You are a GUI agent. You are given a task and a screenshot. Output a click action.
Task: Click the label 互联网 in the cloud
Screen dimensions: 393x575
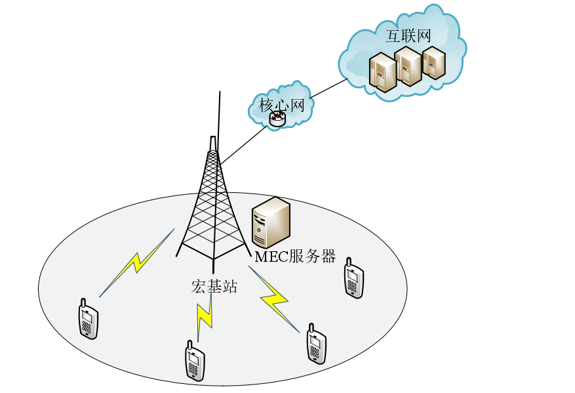coord(408,35)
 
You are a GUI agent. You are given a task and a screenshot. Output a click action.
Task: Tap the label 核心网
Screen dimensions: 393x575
coord(282,104)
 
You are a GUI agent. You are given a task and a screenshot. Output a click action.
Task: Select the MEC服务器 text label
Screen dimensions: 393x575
coord(295,257)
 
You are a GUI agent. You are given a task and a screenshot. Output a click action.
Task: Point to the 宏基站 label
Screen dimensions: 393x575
coord(214,286)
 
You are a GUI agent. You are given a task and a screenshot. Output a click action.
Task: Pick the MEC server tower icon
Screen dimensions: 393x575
coord(271,222)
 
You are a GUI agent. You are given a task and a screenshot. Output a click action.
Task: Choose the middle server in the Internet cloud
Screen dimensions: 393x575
coord(407,66)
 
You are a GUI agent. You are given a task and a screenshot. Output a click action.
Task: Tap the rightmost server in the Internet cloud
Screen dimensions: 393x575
coord(433,62)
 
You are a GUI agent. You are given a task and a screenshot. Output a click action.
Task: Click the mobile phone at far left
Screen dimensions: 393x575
coord(89,319)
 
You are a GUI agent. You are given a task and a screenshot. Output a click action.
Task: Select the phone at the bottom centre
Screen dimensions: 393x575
coord(194,361)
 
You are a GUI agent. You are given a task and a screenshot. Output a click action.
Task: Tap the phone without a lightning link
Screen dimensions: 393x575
coord(353,278)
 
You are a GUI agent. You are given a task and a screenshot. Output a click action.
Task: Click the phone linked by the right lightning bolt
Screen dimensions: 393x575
coord(316,343)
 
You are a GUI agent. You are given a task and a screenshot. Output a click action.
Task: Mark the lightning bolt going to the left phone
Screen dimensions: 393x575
coord(137,262)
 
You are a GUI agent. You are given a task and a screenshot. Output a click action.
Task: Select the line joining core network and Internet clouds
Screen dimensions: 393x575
coord(328,89)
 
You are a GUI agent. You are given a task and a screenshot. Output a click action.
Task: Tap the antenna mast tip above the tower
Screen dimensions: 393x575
coord(220,95)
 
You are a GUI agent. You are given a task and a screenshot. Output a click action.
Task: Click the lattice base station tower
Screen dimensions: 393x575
coord(212,203)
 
